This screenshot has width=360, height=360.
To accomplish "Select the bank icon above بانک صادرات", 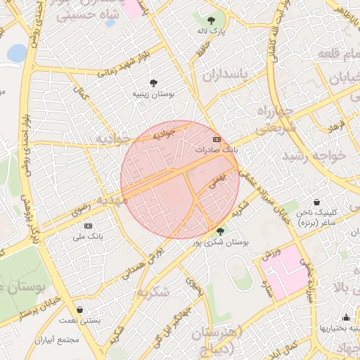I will click(x=216, y=139).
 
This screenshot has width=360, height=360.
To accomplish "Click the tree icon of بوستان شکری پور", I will click(x=220, y=231).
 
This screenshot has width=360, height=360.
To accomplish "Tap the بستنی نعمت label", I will click(x=79, y=320).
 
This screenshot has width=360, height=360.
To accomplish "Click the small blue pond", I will click(x=15, y=53).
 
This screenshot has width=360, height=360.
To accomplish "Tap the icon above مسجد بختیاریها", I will click(x=346, y=317).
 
